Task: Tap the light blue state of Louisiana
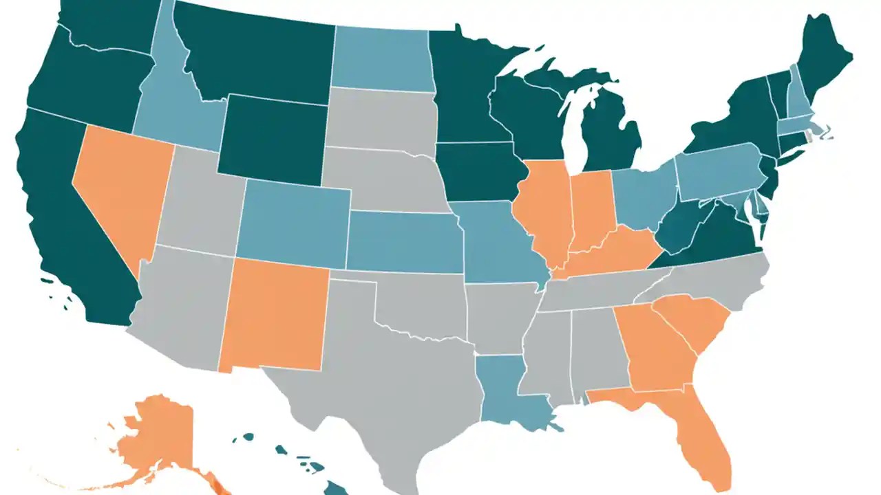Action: [506, 392]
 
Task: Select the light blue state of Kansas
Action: [403, 241]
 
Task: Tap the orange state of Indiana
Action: [592, 206]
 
